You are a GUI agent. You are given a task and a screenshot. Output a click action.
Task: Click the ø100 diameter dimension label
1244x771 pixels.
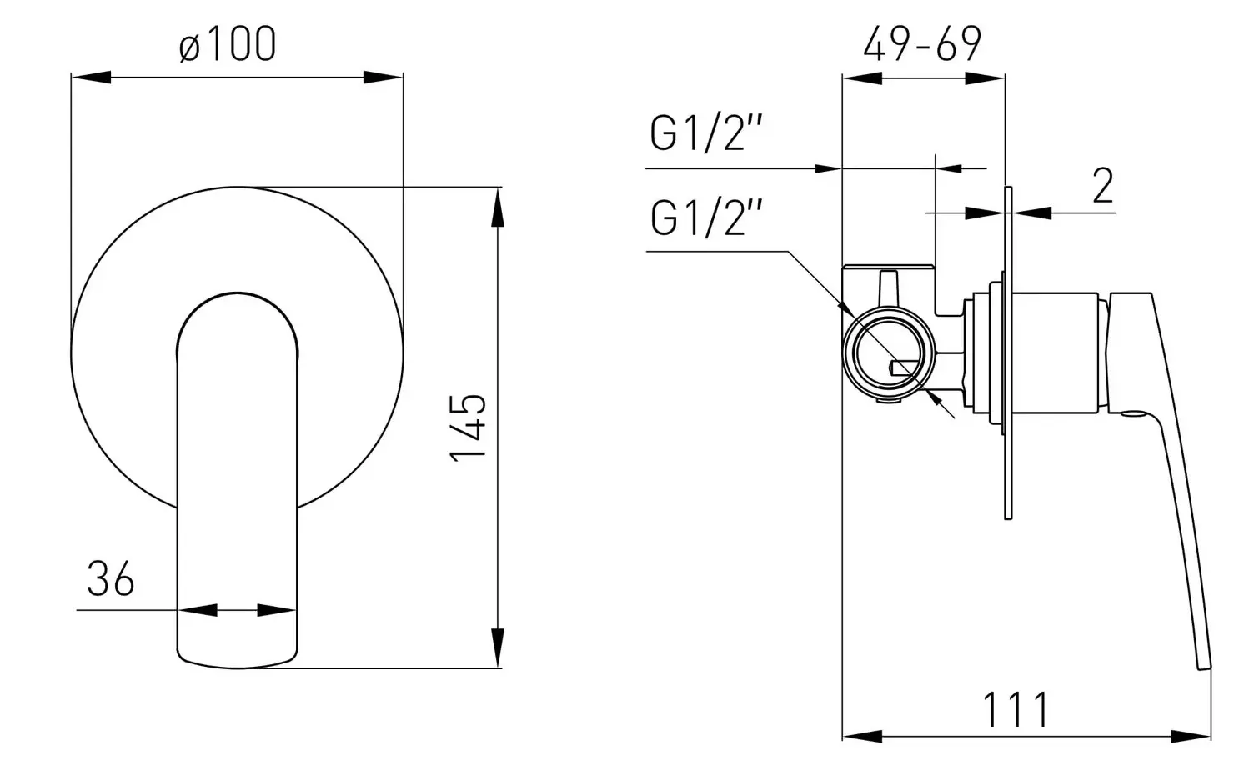228,44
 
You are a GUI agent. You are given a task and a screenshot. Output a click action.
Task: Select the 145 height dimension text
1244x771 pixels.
469,427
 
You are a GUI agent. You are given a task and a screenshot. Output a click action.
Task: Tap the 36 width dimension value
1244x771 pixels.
110,578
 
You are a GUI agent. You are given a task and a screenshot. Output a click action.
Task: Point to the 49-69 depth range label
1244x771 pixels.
922,44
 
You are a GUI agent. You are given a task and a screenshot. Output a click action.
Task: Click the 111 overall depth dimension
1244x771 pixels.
1016,710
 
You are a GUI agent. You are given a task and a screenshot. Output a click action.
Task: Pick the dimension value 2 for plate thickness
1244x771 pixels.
1102,186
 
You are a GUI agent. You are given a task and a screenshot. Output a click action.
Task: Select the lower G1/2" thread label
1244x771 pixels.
707,218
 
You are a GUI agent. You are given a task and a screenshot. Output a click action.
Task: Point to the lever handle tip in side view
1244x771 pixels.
1203,663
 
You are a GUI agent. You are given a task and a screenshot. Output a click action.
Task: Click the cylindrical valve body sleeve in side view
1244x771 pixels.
1059,353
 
